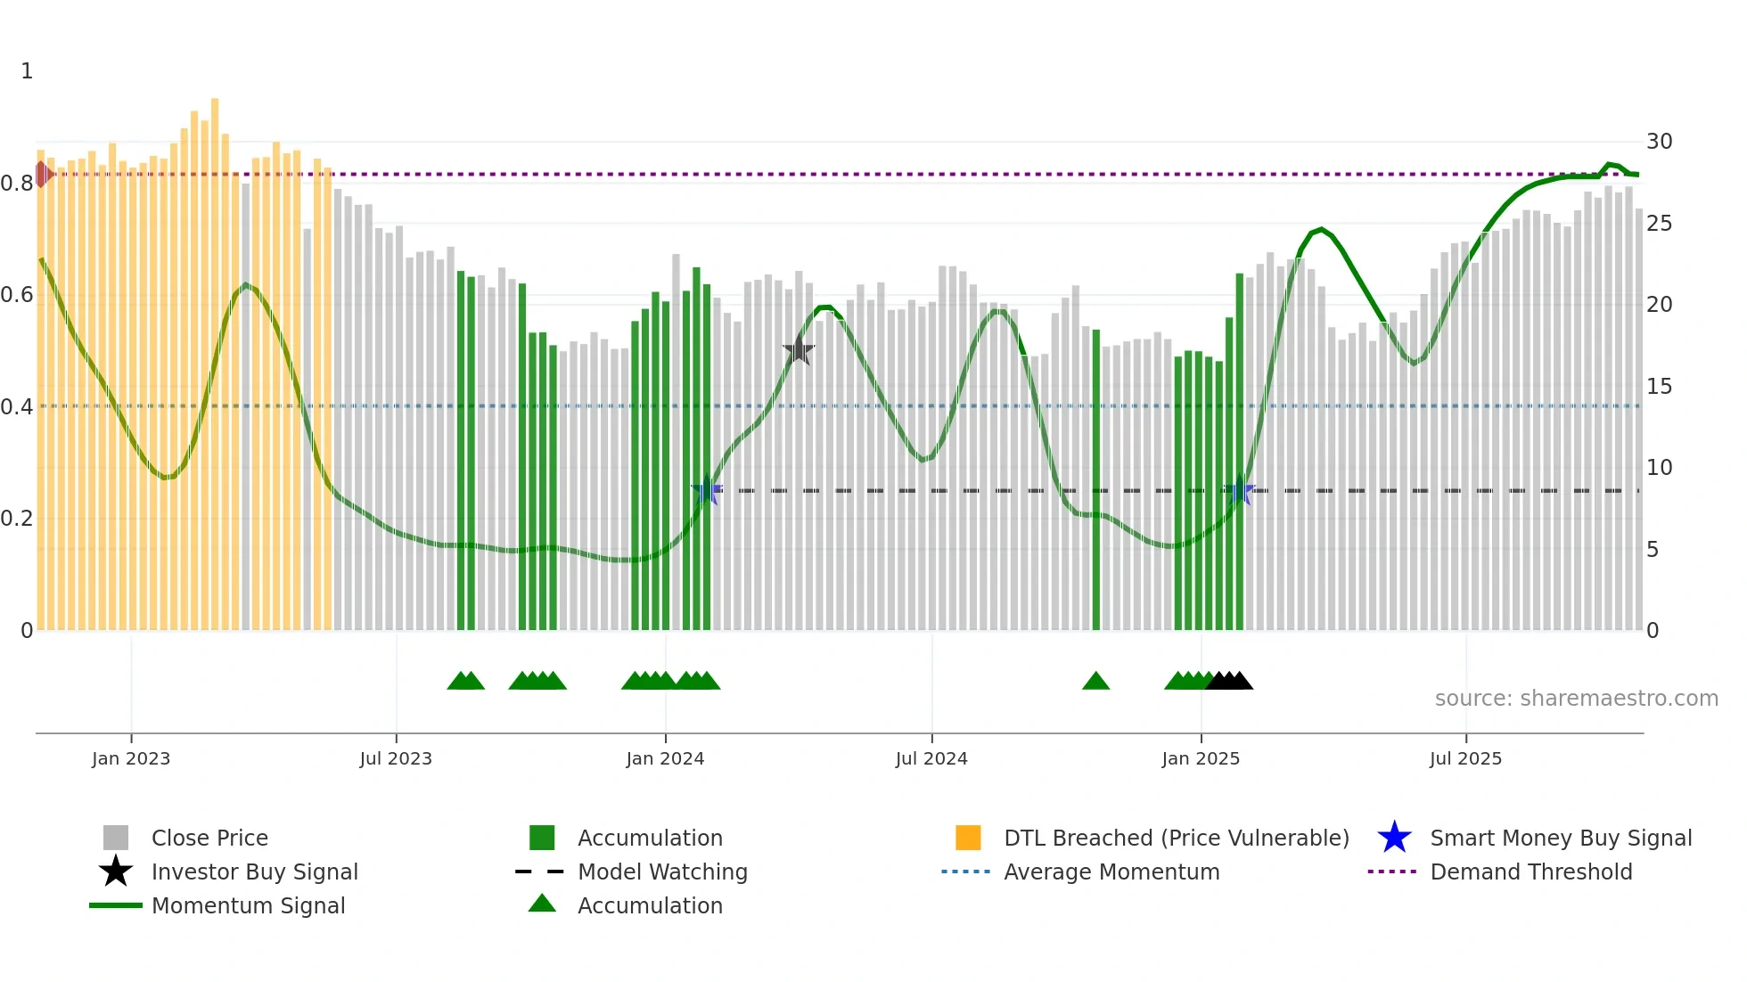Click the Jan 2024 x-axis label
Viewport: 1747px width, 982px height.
tap(665, 758)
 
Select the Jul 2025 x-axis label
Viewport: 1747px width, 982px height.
tap(1465, 758)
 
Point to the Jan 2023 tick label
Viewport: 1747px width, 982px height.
tap(131, 758)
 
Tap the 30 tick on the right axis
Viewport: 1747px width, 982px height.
tap(1659, 142)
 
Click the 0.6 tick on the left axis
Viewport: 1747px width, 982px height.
tap(17, 295)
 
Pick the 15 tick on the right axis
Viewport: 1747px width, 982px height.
tap(1659, 387)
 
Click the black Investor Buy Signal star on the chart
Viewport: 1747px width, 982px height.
tap(799, 350)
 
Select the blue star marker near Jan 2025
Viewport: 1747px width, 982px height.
tap(1240, 490)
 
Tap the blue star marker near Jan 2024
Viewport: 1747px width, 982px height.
tap(707, 490)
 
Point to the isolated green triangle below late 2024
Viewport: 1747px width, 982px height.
tap(1095, 682)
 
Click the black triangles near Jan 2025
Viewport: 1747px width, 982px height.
tap(1229, 682)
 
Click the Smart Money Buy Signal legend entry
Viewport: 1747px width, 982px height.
tap(1560, 838)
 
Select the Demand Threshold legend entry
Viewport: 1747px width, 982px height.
tap(1530, 872)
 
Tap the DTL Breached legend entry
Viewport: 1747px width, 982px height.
tap(1176, 838)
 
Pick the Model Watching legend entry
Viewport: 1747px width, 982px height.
tap(661, 872)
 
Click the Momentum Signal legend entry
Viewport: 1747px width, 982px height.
tap(248, 905)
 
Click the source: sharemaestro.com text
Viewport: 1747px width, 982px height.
tap(1576, 699)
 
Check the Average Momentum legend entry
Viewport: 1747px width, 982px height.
tap(1111, 872)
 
